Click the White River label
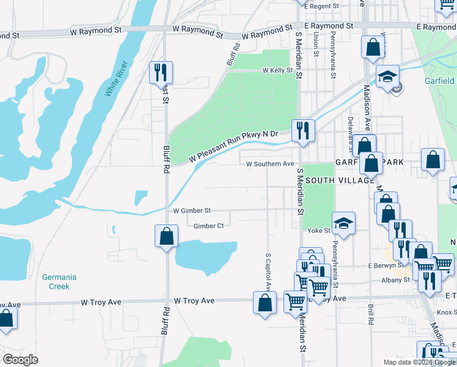pos(117,79)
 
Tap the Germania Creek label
pos(59,281)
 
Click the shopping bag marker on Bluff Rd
pos(166,237)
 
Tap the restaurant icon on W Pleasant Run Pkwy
pos(302,130)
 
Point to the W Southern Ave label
pos(270,164)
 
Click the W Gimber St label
pos(192,210)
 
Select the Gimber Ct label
pos(208,226)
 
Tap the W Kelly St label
pos(278,71)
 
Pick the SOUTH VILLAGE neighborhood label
pos(339,180)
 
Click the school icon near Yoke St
pos(344,224)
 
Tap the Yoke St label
pos(318,231)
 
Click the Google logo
pos(21,360)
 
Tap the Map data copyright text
pos(419,362)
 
